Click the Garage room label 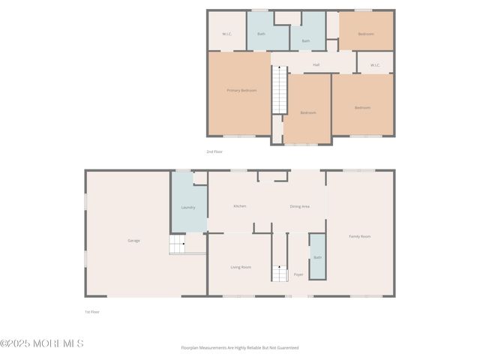[x=133, y=241]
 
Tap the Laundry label [x=188, y=208]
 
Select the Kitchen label [x=240, y=206]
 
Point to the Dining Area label [x=300, y=206]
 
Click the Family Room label [x=360, y=237]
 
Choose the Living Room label [x=240, y=267]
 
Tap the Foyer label [x=298, y=274]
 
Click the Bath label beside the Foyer [x=317, y=258]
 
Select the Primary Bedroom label [x=241, y=91]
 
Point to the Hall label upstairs [x=316, y=65]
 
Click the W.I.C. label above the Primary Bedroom [x=227, y=34]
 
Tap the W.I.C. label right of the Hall [x=376, y=65]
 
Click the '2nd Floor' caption [x=214, y=151]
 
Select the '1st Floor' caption [x=91, y=311]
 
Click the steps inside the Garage [x=177, y=244]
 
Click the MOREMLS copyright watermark [x=42, y=343]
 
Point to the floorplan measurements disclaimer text [x=240, y=348]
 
